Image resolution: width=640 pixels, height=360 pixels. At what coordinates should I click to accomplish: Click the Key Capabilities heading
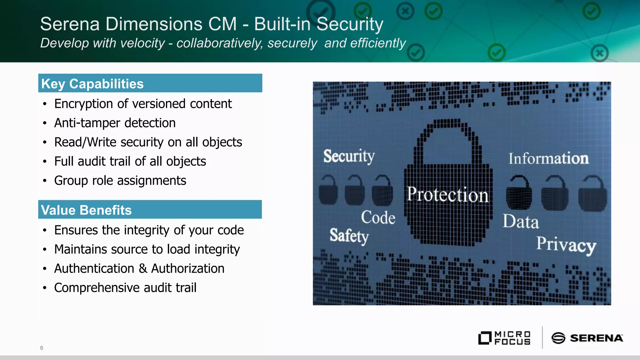(92, 84)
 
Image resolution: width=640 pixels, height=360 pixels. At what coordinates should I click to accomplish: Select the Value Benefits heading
(86, 210)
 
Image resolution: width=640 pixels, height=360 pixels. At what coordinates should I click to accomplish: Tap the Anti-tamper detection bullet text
(115, 123)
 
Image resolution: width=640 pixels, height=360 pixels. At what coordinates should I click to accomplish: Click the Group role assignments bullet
(120, 181)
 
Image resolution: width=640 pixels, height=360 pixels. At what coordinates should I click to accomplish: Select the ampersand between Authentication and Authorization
(142, 269)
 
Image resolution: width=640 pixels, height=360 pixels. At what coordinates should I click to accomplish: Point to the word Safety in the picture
(349, 236)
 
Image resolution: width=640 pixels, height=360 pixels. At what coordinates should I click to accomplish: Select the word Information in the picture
(548, 158)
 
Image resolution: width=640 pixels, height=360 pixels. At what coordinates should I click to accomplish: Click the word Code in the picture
(378, 217)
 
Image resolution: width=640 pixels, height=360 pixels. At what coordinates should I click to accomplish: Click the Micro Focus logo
(504, 338)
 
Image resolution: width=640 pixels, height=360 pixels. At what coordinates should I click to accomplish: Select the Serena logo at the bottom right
(587, 338)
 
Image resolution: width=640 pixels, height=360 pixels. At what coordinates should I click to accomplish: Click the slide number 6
(42, 348)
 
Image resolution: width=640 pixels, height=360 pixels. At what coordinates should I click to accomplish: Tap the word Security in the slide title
(350, 24)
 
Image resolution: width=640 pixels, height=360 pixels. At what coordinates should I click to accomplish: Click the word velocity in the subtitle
(142, 43)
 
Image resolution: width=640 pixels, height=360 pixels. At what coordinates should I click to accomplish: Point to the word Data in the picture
(521, 222)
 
